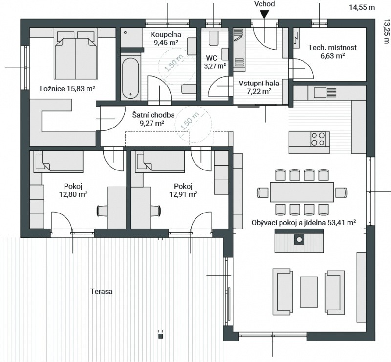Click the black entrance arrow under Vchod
pyautogui.click(x=264, y=14)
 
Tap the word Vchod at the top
pyautogui.click(x=264, y=4)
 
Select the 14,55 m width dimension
pyautogui.click(x=362, y=7)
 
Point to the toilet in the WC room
pyautogui.click(x=214, y=38)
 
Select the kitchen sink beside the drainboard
pyautogui.click(x=320, y=93)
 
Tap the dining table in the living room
pyautogui.click(x=302, y=192)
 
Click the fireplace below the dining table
pyautogui.click(x=299, y=240)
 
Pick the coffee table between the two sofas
pyautogui.click(x=309, y=292)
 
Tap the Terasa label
pyautogui.click(x=102, y=291)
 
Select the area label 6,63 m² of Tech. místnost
pyautogui.click(x=333, y=55)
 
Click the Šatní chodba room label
pyautogui.click(x=153, y=115)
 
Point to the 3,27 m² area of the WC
pyautogui.click(x=215, y=66)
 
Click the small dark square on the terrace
pyautogui.click(x=161, y=336)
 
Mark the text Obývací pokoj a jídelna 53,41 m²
pyautogui.click(x=304, y=222)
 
